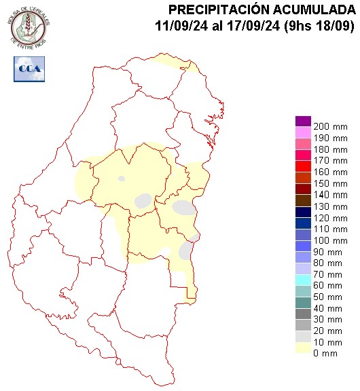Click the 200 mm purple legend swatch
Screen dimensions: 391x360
coord(302,122)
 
